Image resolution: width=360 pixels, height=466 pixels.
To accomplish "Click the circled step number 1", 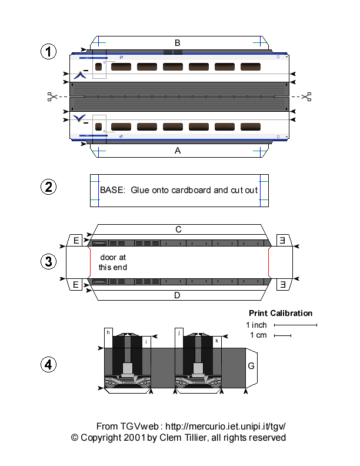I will tap(48, 52).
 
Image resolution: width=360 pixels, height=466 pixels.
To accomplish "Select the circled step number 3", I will tap(48, 261).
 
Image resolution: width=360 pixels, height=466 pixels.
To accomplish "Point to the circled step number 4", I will tap(48, 365).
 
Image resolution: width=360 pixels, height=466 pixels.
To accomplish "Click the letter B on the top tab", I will tap(177, 42).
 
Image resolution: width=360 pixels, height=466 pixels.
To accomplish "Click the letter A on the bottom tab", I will tap(177, 151).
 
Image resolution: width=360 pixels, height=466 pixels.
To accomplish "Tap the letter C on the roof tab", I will tap(177, 229).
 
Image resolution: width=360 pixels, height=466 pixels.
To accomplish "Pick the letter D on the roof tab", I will tap(177, 295).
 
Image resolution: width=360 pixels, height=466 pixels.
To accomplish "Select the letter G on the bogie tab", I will tap(251, 366).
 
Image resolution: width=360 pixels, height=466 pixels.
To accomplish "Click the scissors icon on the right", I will tap(306, 96).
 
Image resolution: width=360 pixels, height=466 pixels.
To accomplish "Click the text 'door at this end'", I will tap(112, 262).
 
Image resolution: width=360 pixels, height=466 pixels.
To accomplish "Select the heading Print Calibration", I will tap(281, 313).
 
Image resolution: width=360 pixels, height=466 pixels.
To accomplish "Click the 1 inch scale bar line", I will tap(295, 325).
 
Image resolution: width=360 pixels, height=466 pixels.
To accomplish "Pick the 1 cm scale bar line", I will tap(282, 336).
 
